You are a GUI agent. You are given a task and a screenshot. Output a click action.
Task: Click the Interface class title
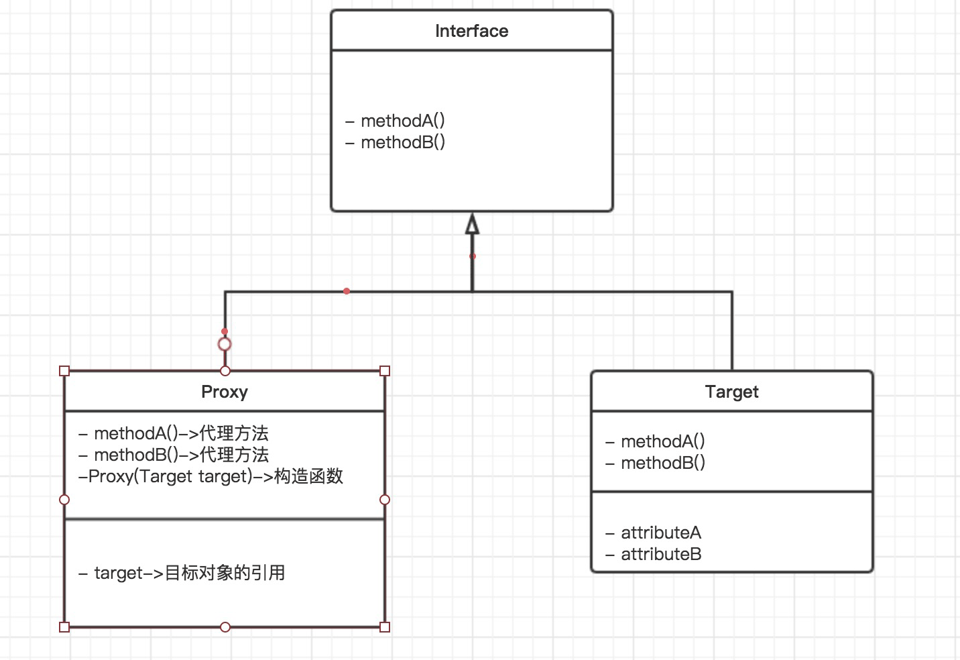[471, 31]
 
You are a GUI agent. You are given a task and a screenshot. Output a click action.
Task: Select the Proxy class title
[225, 392]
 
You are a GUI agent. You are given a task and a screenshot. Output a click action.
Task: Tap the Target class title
[731, 392]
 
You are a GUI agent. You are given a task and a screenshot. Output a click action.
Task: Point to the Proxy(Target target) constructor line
[211, 476]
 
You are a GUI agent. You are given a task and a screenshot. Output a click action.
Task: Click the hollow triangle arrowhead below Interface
[472, 225]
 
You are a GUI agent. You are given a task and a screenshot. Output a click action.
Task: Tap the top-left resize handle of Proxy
[64, 371]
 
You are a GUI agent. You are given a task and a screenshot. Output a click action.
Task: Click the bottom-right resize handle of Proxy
[385, 627]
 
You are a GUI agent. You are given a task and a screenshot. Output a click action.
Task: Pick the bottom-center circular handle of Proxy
[225, 627]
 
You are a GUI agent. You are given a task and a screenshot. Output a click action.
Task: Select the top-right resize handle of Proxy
[385, 371]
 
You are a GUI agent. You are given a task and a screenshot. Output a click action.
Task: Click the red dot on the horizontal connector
[347, 291]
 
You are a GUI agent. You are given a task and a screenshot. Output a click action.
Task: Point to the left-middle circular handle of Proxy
[64, 500]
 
